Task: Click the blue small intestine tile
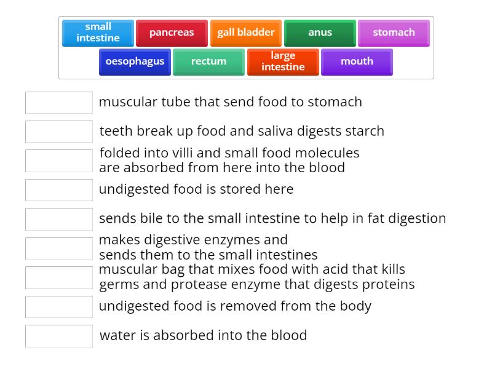(x=98, y=33)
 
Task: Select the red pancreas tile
(x=172, y=33)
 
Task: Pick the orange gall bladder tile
(x=246, y=33)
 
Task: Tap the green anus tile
(x=320, y=33)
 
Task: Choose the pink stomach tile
(x=394, y=33)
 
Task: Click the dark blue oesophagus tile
(x=135, y=61)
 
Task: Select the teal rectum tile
(x=208, y=61)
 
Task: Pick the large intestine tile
(x=283, y=61)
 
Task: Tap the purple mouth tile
(x=357, y=61)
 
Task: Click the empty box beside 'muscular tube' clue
(x=59, y=103)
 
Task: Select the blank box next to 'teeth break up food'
(x=59, y=132)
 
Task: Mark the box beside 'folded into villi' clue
(x=59, y=161)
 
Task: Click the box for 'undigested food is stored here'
(x=59, y=190)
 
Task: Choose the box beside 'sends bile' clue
(x=59, y=219)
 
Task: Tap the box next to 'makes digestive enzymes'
(x=59, y=248)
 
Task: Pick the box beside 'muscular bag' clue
(x=59, y=277)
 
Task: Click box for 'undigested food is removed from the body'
(x=59, y=307)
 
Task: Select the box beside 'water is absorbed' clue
(x=59, y=336)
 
